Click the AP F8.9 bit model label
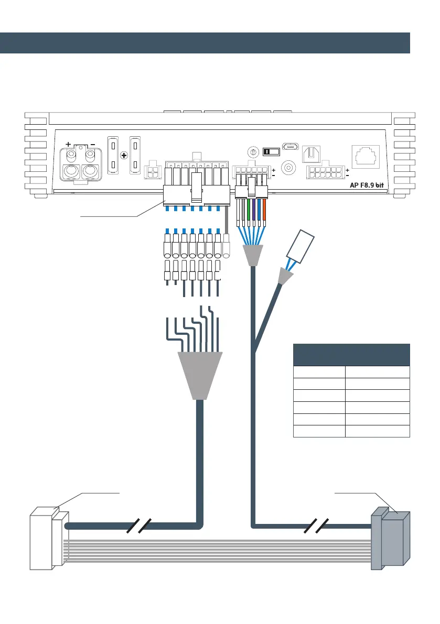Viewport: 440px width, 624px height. (367, 185)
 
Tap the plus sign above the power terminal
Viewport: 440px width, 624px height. (69, 144)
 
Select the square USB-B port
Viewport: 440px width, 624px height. (311, 155)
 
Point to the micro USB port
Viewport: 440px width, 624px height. (291, 147)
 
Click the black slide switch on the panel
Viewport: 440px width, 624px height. (271, 151)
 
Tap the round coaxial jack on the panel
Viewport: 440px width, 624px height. (288, 168)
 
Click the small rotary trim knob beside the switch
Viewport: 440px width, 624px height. (253, 152)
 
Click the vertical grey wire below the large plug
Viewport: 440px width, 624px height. (227, 220)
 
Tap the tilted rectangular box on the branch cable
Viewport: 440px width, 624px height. (300, 246)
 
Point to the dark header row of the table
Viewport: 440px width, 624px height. (351, 355)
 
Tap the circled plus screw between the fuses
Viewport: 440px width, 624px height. (124, 155)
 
